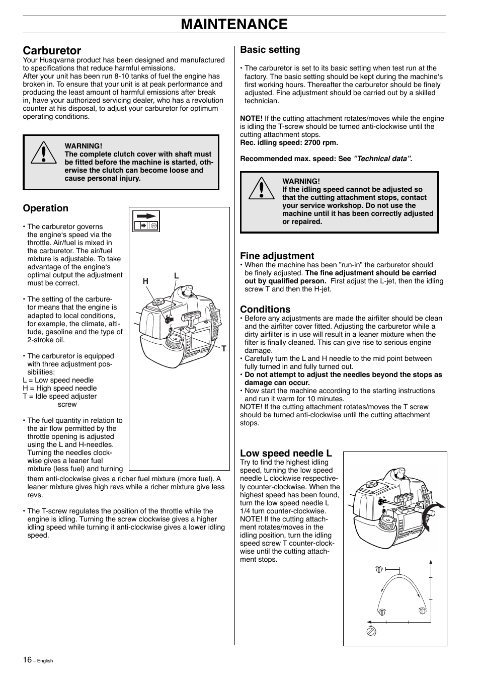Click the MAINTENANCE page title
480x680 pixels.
(x=234, y=24)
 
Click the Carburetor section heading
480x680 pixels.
(x=52, y=50)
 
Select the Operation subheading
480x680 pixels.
(x=45, y=208)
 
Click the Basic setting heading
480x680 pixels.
(x=270, y=50)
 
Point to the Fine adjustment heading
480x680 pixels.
(x=277, y=256)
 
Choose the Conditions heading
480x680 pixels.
(x=265, y=309)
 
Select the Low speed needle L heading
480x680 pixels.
(x=286, y=453)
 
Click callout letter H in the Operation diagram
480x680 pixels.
(x=145, y=282)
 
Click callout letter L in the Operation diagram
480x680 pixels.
(x=177, y=276)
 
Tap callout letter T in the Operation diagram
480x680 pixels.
(x=224, y=348)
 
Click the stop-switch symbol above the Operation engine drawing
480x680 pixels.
(x=146, y=221)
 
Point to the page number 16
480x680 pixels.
(x=27, y=660)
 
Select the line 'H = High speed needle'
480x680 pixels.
(x=60, y=388)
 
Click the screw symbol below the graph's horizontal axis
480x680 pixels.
(x=371, y=630)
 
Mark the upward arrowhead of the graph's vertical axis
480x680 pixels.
(x=431, y=562)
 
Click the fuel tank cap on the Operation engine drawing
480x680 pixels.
(x=159, y=302)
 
